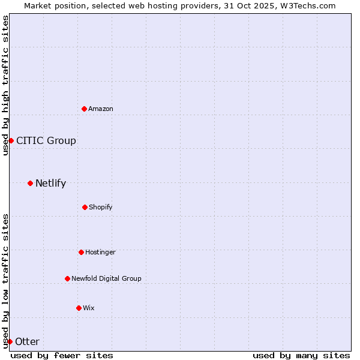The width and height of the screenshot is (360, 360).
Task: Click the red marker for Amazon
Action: pyautogui.click(x=85, y=109)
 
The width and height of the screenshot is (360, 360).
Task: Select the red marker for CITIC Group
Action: pyautogui.click(x=11, y=140)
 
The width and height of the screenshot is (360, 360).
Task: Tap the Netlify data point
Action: pyautogui.click(x=30, y=183)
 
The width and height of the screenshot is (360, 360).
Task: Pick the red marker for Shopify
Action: pyautogui.click(x=85, y=207)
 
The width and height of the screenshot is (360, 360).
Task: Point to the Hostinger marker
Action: pyautogui.click(x=81, y=252)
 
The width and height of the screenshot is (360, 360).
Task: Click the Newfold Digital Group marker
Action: pyautogui.click(x=67, y=278)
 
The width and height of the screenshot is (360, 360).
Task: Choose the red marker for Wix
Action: pyautogui.click(x=79, y=308)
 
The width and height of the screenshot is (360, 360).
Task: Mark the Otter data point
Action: pyautogui.click(x=10, y=341)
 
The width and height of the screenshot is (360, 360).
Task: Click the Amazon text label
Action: pyautogui.click(x=101, y=109)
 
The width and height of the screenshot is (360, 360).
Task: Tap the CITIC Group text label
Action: pyautogui.click(x=46, y=140)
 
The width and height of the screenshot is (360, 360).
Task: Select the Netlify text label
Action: pyautogui.click(x=50, y=183)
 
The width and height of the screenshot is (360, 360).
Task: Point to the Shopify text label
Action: pyautogui.click(x=101, y=207)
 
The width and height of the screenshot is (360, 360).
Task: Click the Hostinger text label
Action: pyautogui.click(x=100, y=252)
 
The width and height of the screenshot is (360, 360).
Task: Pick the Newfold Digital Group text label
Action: pyautogui.click(x=106, y=278)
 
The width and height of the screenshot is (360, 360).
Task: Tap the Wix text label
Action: pyautogui.click(x=89, y=308)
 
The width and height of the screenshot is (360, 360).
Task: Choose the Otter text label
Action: pyautogui.click(x=27, y=341)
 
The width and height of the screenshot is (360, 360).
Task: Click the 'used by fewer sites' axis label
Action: pyautogui.click(x=62, y=355)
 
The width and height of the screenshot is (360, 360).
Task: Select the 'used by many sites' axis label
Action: pyautogui.click(x=301, y=355)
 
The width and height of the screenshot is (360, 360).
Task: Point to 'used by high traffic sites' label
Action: pyautogui.click(x=5, y=85)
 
